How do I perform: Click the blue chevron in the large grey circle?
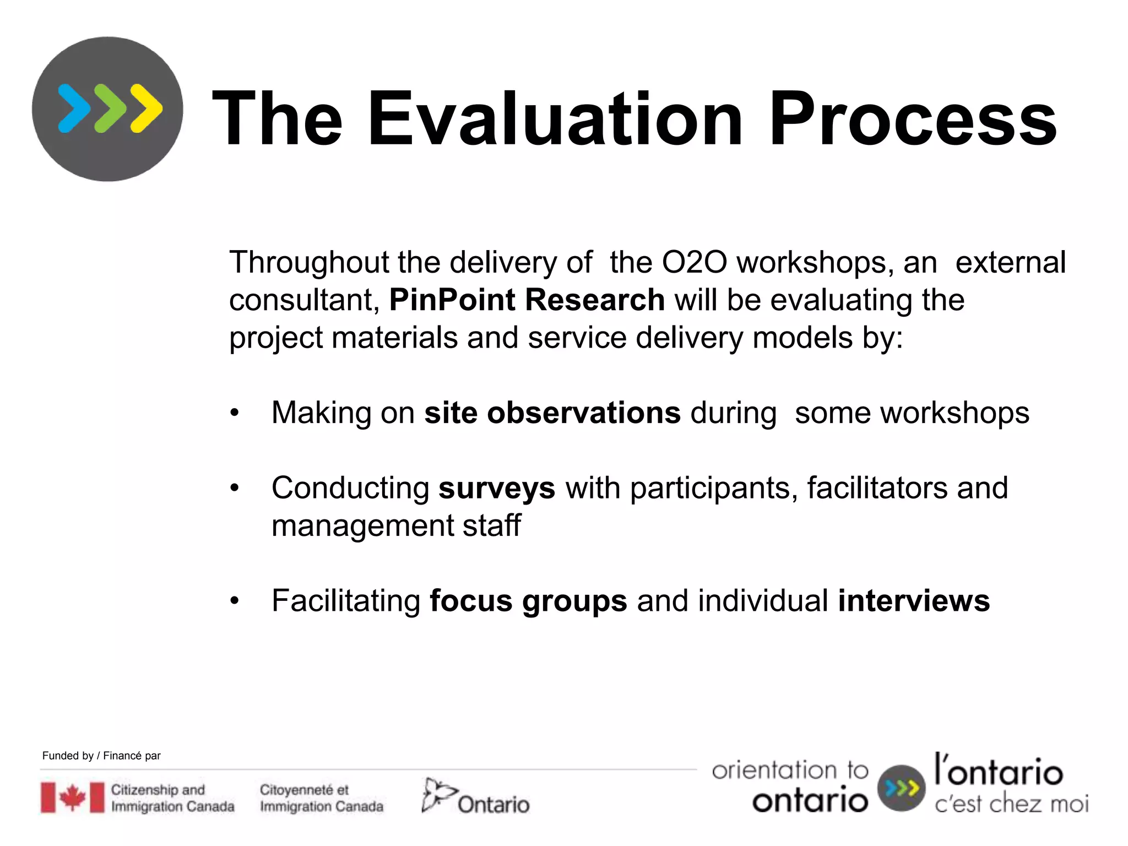pos(74,109)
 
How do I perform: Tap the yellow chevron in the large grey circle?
pos(147,109)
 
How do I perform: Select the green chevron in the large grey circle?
pos(110,109)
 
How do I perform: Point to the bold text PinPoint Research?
pos(527,300)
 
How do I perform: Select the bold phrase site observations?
pos(552,413)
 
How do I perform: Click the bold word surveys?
pos(496,489)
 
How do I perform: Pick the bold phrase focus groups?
pos(528,601)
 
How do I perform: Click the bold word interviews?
pos(913,600)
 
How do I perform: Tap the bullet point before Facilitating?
pos(235,601)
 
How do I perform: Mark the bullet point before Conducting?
pos(235,488)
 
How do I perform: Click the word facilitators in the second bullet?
pos(877,488)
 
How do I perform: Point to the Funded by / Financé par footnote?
pos(101,756)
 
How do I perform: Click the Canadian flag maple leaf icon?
pos(72,798)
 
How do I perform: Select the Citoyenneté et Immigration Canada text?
pos(321,798)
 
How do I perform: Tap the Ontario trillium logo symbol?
pos(438,795)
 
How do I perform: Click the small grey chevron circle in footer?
pos(901,788)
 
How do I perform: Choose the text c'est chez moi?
pos(1011,804)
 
